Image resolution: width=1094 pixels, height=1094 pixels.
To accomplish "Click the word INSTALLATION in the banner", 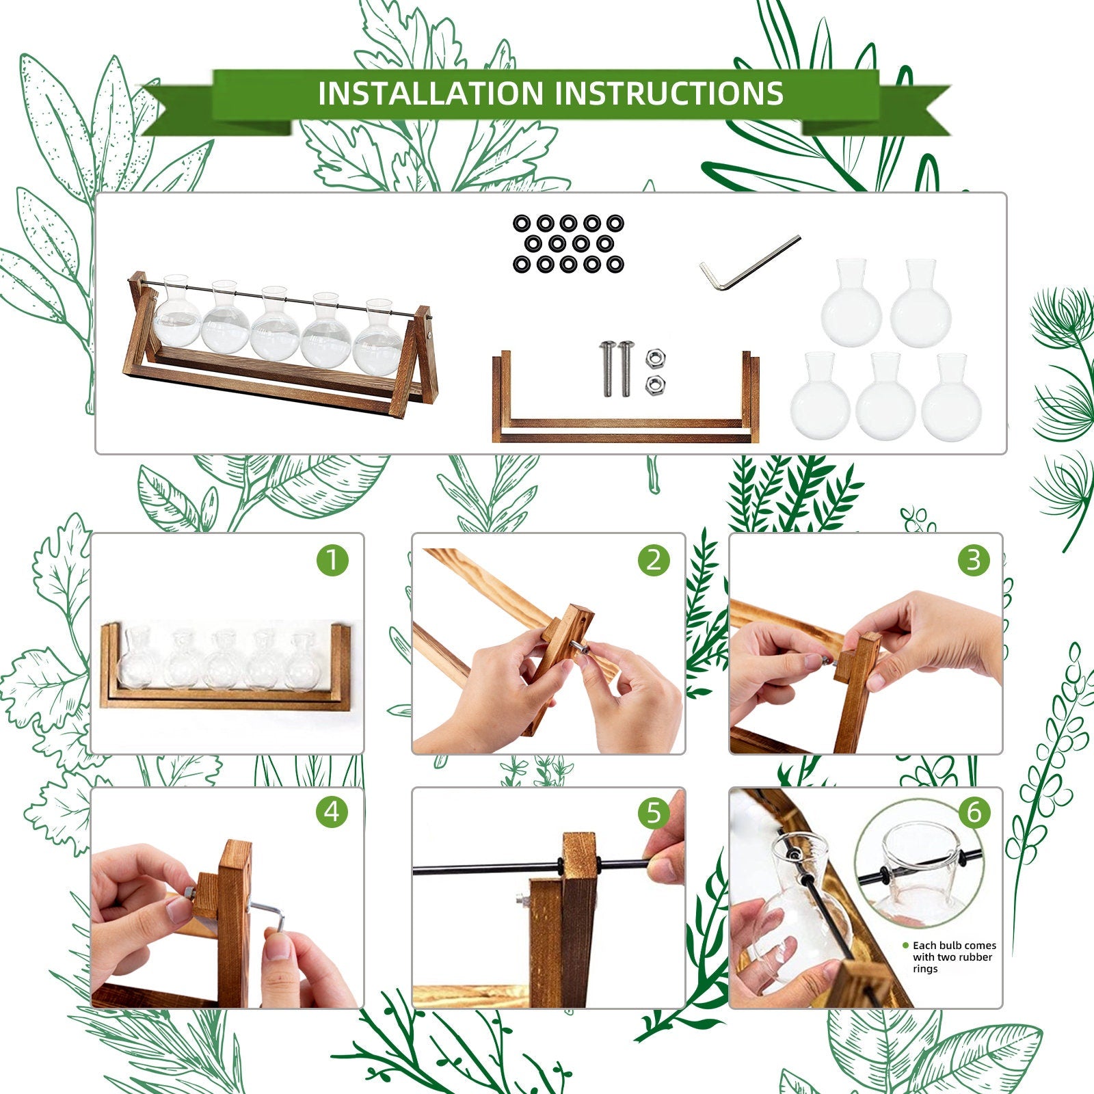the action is click(x=431, y=93).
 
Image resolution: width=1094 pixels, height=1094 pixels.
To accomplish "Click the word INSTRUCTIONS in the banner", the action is click(x=669, y=93).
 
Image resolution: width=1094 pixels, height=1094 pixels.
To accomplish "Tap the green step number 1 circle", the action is click(x=332, y=560).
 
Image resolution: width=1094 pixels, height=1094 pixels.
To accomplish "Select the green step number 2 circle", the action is click(x=654, y=560).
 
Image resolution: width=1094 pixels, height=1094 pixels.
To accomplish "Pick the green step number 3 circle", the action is click(x=974, y=560).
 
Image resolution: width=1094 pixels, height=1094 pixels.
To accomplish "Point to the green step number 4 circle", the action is click(x=332, y=812).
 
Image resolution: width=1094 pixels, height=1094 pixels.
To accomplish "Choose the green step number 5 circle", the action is click(x=654, y=812).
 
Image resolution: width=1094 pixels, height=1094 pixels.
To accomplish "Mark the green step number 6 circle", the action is click(x=974, y=812).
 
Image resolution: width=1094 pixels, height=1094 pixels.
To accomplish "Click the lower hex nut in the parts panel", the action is click(x=654, y=384).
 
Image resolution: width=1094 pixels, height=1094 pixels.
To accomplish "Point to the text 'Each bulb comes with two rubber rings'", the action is click(x=954, y=957).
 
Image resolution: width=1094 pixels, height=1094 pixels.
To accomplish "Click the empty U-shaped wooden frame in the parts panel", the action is click(x=626, y=431).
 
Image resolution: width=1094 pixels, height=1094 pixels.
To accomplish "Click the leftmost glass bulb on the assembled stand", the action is click(x=177, y=312).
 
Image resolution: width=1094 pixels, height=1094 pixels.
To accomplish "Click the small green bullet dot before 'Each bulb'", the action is click(x=905, y=946).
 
